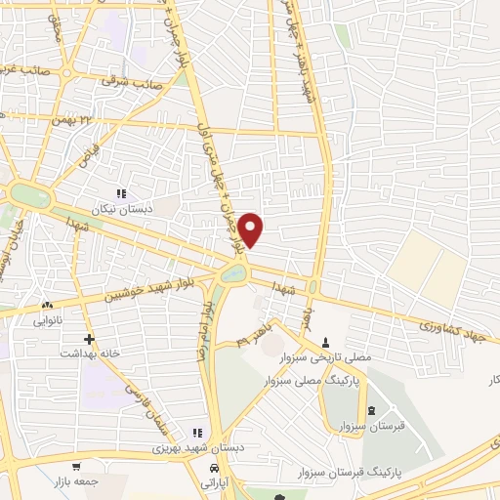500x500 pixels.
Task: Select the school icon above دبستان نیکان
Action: (122, 194)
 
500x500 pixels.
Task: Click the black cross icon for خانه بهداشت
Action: (90, 340)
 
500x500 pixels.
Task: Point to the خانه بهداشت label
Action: (90, 354)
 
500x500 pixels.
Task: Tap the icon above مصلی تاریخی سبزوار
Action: (326, 342)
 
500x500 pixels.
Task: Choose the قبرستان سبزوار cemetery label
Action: (371, 428)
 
